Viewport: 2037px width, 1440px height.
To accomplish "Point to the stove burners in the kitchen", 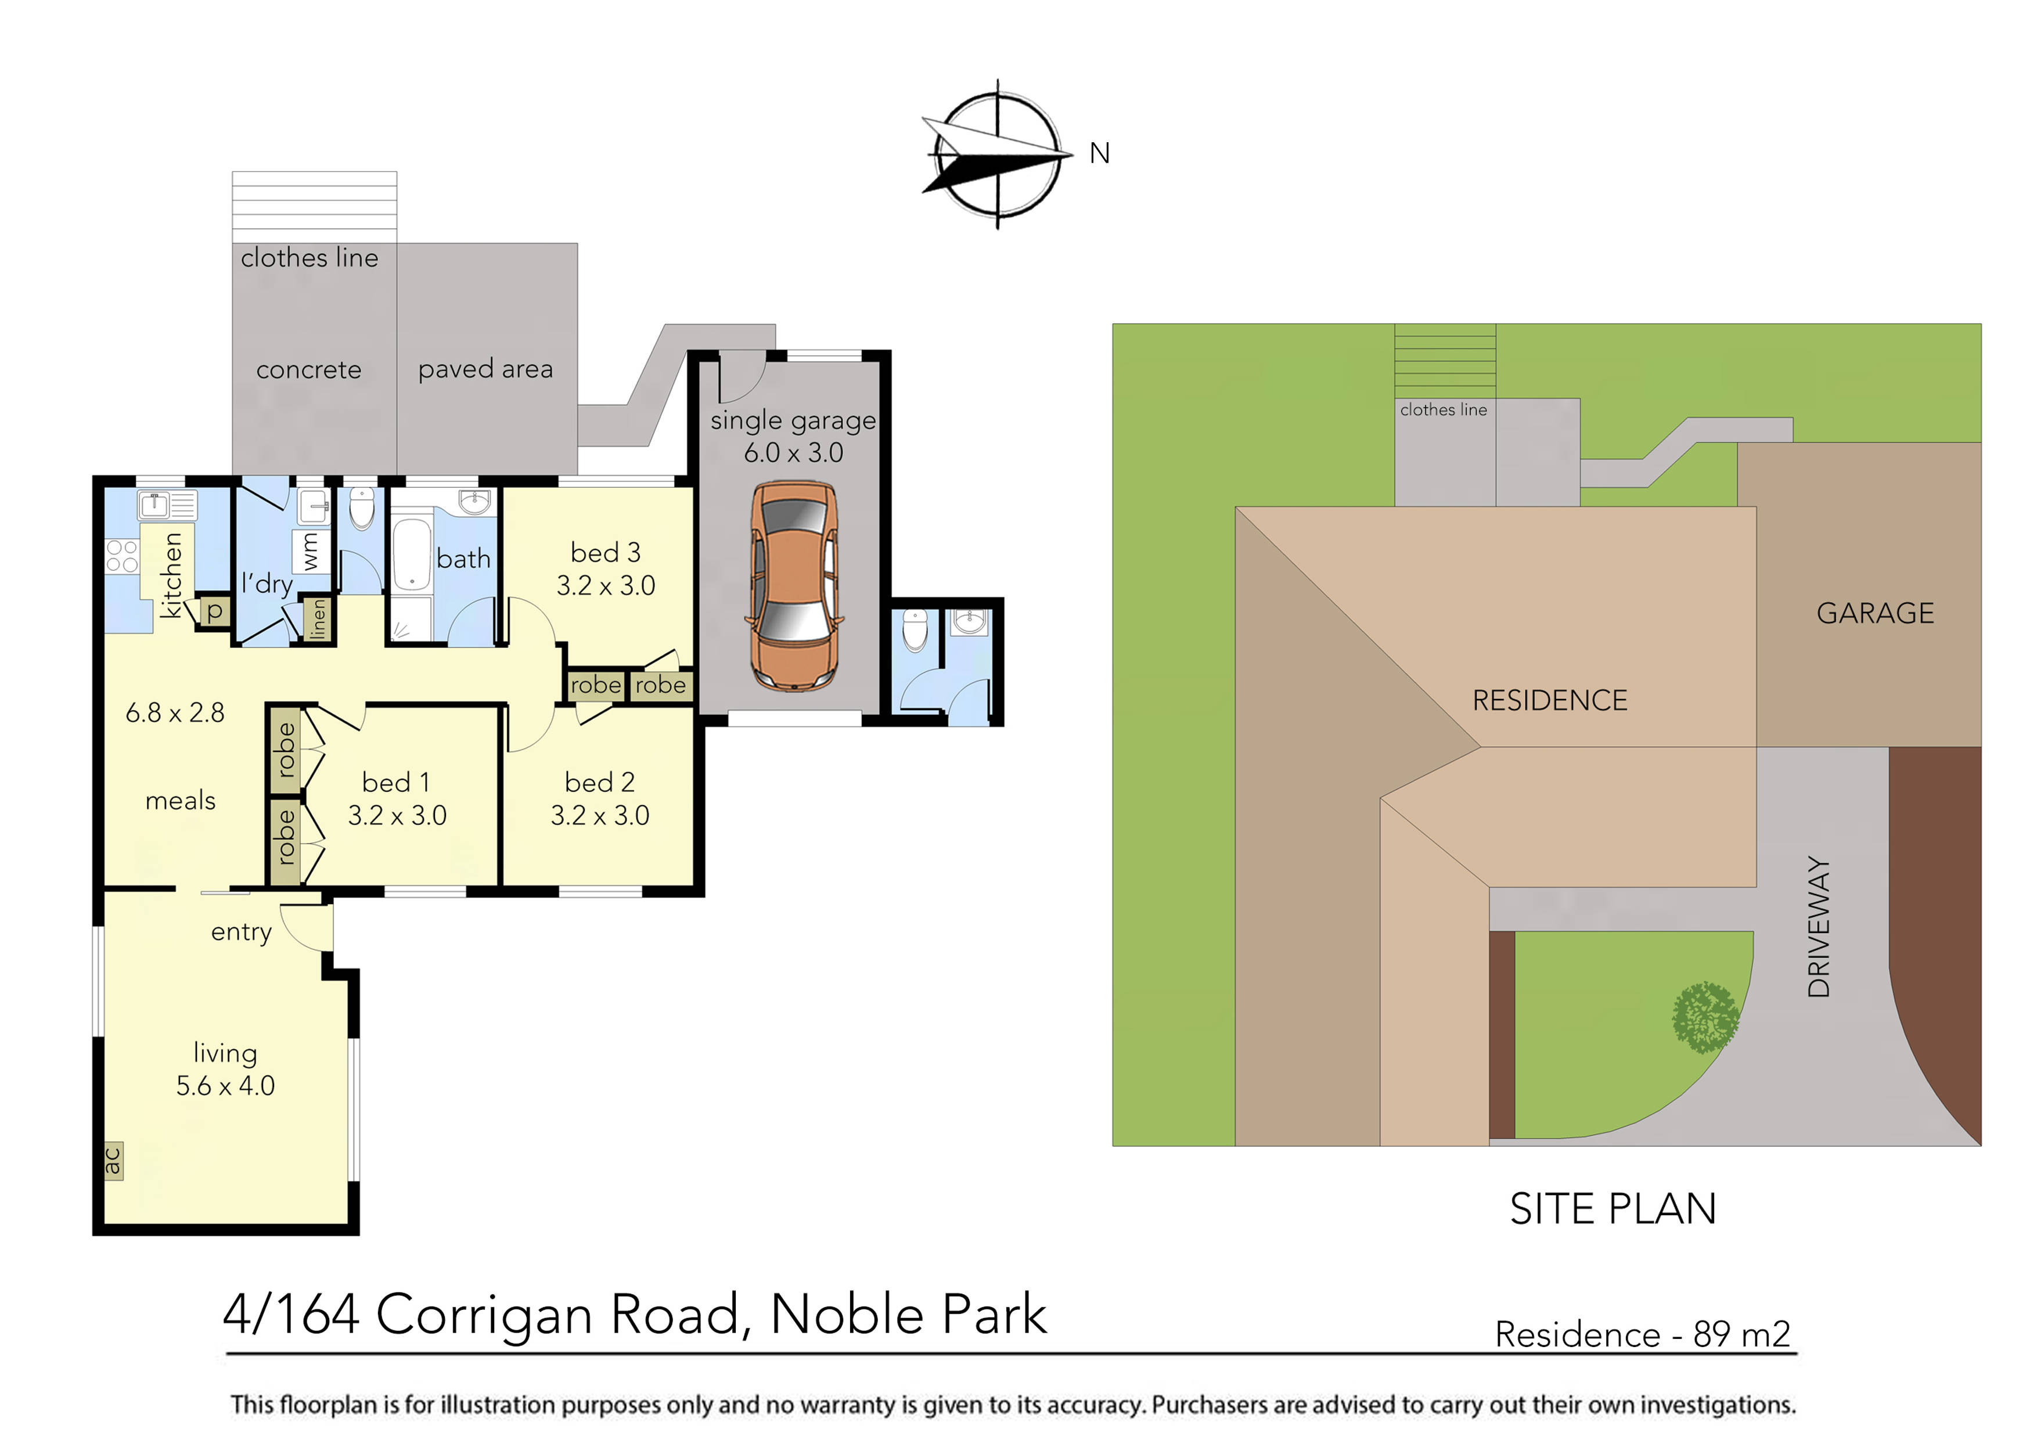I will pyautogui.click(x=121, y=556).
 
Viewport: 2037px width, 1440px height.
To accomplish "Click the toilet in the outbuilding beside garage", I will pyautogui.click(x=914, y=630).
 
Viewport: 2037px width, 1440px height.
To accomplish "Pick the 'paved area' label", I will pyautogui.click(x=485, y=369).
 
